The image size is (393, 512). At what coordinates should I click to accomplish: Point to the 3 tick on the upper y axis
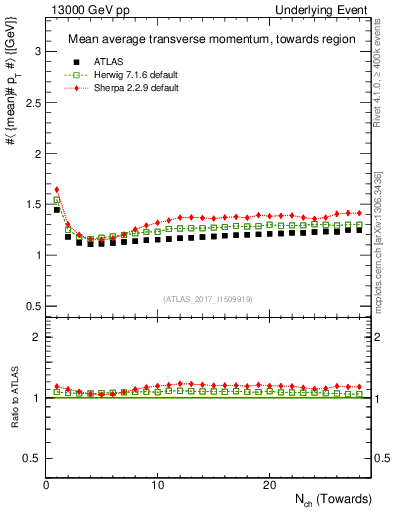(35, 49)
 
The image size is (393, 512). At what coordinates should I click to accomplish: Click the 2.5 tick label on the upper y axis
(31, 100)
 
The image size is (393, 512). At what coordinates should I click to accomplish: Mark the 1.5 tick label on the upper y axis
(31, 203)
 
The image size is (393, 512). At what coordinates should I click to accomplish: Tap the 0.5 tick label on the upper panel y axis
(31, 306)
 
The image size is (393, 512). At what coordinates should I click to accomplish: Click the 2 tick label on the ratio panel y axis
(35, 337)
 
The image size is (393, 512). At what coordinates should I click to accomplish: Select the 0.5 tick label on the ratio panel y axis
(31, 458)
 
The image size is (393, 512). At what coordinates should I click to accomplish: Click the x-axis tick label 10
(158, 485)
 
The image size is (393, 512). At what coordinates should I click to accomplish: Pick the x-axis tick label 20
(269, 485)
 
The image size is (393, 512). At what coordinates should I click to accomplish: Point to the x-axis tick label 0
(46, 485)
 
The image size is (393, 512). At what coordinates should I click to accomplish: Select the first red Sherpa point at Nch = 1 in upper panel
(57, 188)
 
